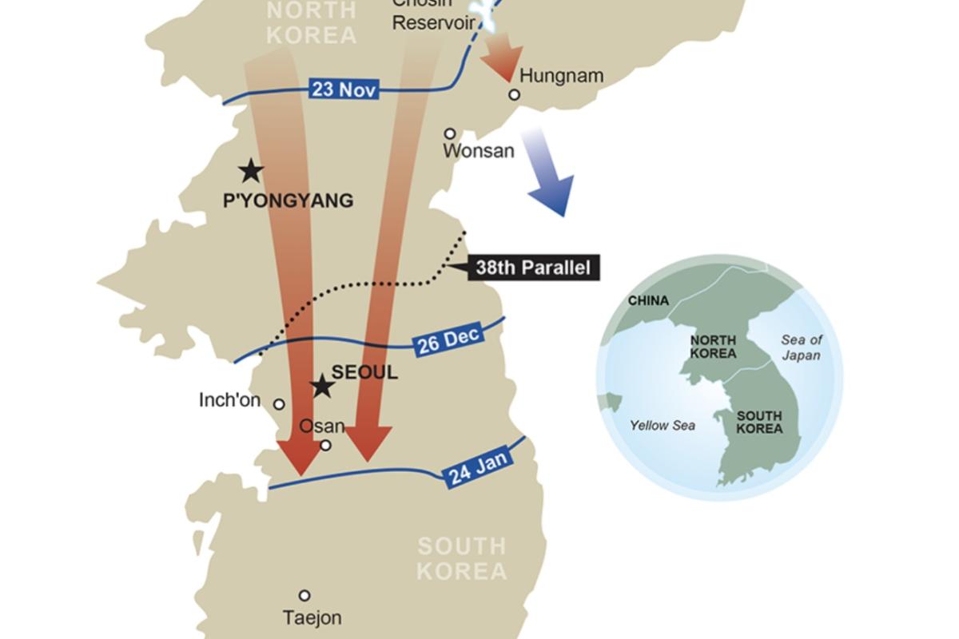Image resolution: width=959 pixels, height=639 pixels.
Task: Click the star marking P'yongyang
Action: pyautogui.click(x=251, y=170)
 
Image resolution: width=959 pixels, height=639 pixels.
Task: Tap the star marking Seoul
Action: pyautogui.click(x=322, y=387)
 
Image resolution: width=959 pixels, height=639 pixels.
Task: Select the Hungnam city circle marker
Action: pyautogui.click(x=515, y=95)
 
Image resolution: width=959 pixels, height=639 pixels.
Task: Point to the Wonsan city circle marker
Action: pyautogui.click(x=450, y=133)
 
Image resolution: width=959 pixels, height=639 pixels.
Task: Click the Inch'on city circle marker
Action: pyautogui.click(x=279, y=404)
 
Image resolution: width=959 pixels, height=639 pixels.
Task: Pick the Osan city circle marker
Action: pyautogui.click(x=325, y=446)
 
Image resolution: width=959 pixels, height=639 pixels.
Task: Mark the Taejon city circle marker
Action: pyautogui.click(x=304, y=595)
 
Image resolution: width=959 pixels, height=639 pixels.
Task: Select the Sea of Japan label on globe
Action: pyautogui.click(x=801, y=347)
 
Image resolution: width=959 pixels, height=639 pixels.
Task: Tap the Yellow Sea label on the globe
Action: pyautogui.click(x=662, y=426)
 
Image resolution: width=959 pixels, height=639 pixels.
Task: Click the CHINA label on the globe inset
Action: pyautogui.click(x=648, y=301)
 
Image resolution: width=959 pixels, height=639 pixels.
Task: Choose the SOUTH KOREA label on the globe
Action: pyautogui.click(x=759, y=422)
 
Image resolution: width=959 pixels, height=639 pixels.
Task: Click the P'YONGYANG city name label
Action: pyautogui.click(x=288, y=200)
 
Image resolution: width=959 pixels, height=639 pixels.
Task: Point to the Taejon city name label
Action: pyautogui.click(x=312, y=617)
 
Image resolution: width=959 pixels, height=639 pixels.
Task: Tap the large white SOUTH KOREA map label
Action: pyautogui.click(x=462, y=559)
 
